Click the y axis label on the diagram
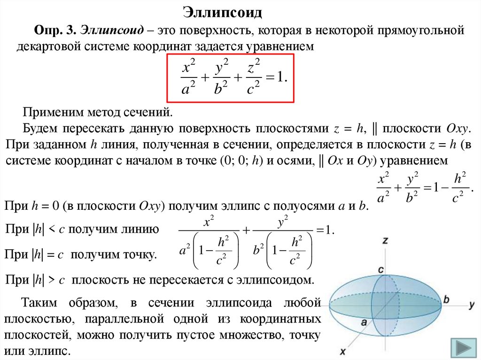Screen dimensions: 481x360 [x=471, y=305]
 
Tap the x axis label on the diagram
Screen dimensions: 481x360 [x=343, y=351]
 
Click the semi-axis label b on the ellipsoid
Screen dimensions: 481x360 [x=447, y=299]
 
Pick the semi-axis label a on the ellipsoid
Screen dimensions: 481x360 [x=364, y=322]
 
